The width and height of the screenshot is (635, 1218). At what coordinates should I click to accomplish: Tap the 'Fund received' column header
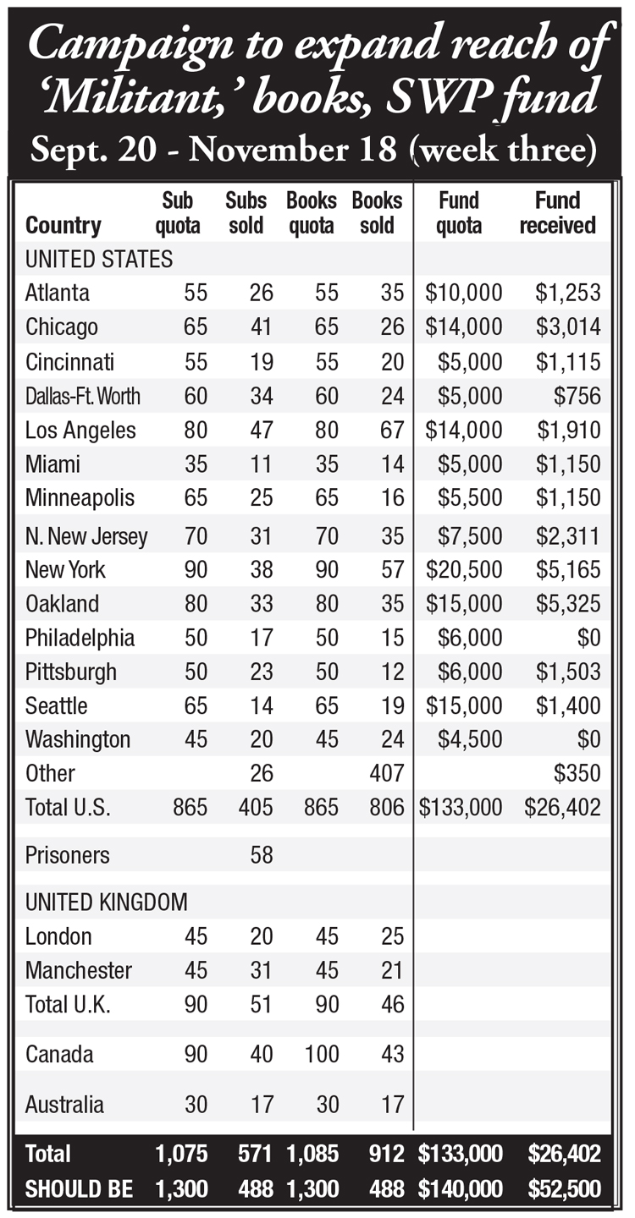pos(558,212)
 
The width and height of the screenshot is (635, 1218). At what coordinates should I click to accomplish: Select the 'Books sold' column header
pos(377,212)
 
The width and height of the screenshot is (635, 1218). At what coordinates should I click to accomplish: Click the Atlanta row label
pos(57,293)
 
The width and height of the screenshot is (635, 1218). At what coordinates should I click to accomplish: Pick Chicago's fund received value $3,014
pos(568,326)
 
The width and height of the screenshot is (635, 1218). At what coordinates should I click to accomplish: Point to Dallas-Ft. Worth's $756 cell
pos(577,396)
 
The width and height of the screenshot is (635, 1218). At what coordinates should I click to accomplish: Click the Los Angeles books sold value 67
pos(392,430)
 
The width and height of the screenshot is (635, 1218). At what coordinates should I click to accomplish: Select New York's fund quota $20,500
pos(464,570)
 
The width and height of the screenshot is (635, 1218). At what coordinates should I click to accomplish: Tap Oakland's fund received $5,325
pos(568,604)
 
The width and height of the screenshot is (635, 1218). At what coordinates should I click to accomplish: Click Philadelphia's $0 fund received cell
pos(588,638)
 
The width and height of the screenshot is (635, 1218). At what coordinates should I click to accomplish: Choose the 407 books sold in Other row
pos(387,773)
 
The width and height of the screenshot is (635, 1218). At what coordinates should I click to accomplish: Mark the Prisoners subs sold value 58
pos(261,855)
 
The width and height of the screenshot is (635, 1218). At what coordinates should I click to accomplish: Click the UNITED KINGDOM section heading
pos(106,903)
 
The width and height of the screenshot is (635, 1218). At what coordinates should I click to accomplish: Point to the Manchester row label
pos(79,971)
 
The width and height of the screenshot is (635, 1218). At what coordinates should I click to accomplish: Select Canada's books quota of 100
pos(322,1054)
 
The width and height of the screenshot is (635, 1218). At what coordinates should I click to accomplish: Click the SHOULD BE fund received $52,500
pos(564,1189)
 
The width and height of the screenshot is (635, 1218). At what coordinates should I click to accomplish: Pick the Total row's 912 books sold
pos(387,1154)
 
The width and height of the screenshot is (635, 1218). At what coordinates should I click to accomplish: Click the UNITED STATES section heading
pos(99,260)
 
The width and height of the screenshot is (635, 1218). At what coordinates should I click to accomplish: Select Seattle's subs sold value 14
pos(261,705)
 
